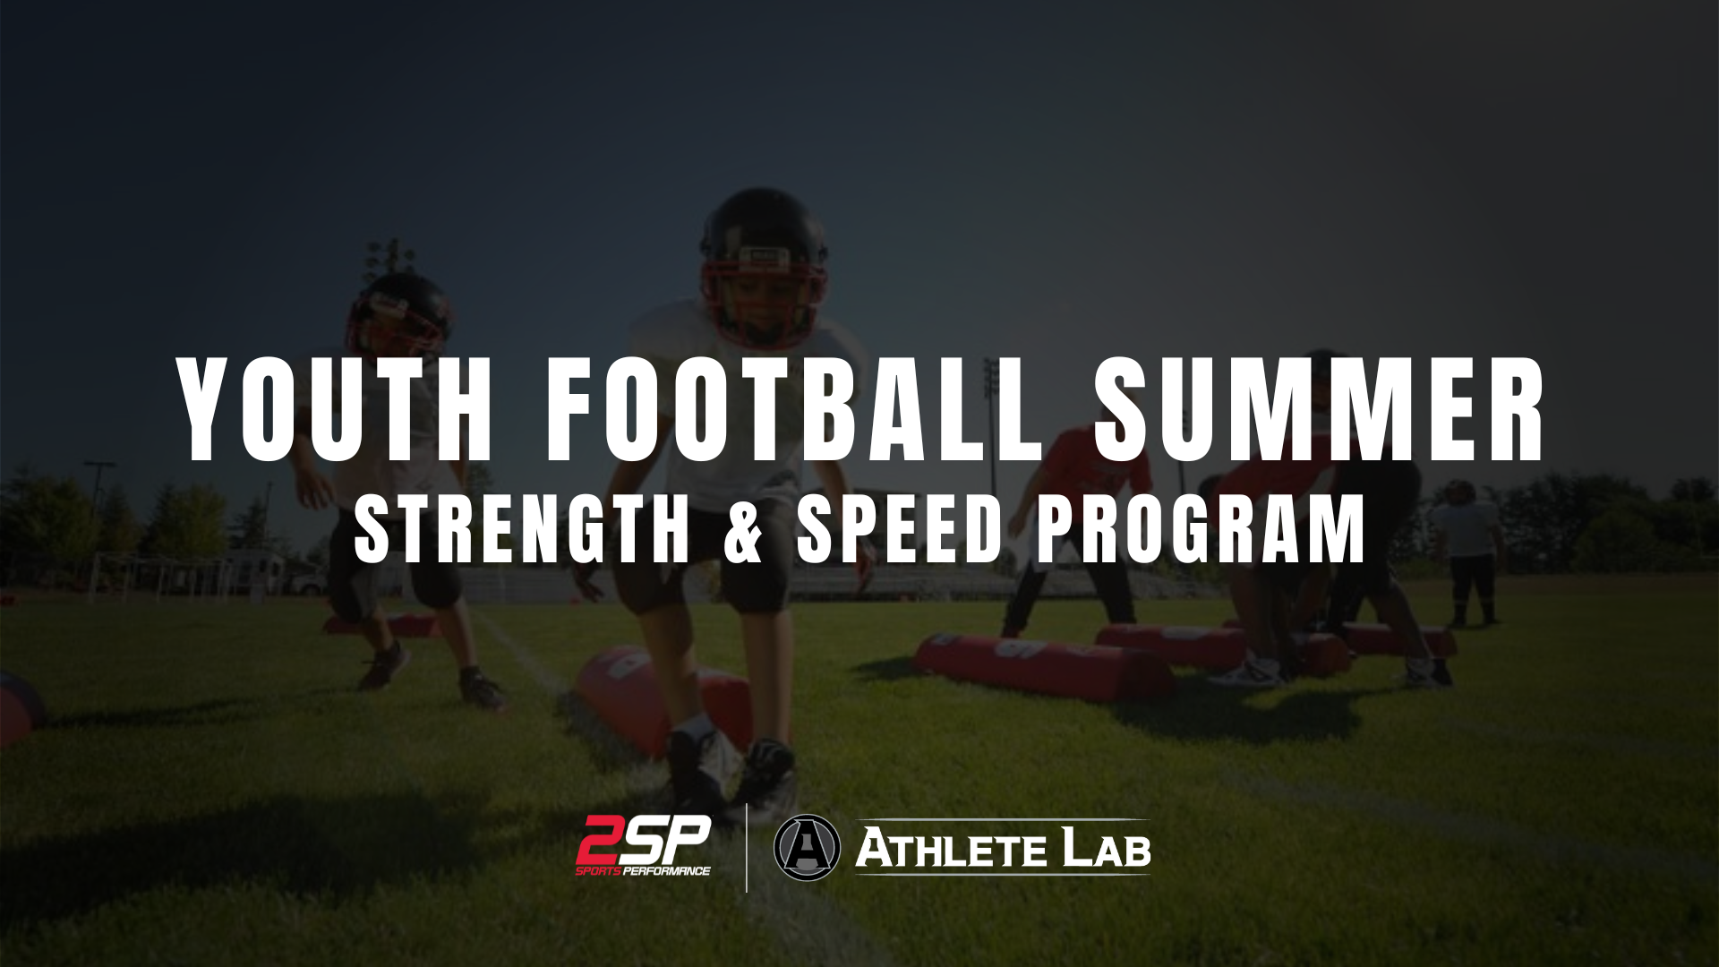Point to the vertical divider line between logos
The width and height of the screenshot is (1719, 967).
coord(747,847)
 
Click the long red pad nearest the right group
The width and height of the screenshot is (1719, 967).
coord(1044,666)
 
